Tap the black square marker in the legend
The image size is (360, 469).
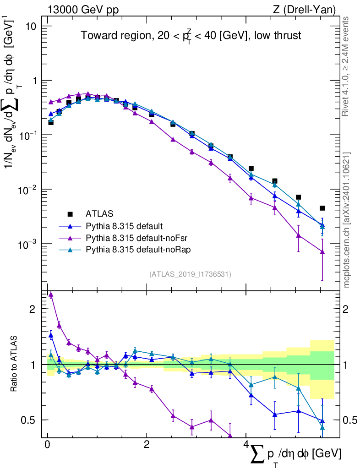point(70,213)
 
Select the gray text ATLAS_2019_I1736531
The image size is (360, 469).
point(190,274)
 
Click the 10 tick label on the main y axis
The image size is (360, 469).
point(31,26)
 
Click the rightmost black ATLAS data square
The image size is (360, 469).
point(322,208)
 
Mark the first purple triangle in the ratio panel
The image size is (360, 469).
point(51,295)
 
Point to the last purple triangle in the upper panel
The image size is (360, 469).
point(322,252)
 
